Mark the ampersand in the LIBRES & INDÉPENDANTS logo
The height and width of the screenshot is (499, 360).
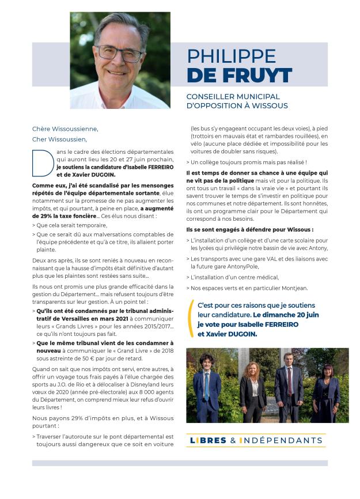[233, 441]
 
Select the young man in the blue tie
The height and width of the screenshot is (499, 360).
[207, 386]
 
